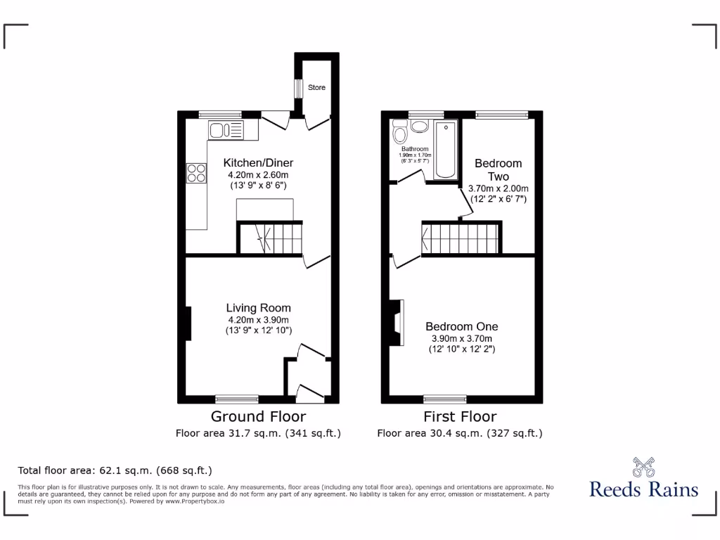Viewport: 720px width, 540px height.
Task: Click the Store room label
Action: coord(316,88)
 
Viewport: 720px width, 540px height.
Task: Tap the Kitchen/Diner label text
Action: coord(258,162)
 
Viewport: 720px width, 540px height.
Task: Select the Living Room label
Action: coord(258,308)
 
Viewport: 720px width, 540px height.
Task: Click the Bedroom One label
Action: coord(461,326)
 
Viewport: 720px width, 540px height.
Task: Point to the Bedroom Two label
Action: coord(498,170)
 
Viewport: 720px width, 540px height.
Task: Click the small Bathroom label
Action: coord(415,149)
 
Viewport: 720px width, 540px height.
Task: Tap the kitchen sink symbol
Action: coord(226,129)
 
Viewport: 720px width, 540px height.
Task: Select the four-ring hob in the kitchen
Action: coord(196,172)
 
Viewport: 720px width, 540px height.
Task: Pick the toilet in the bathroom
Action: coord(399,133)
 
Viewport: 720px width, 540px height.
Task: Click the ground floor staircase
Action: coord(270,238)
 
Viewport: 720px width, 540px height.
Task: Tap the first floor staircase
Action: coord(461,238)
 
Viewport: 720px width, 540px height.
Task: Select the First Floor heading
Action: coord(460,416)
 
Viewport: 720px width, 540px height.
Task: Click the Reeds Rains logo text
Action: coord(643,489)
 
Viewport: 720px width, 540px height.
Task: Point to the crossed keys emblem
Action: coord(643,466)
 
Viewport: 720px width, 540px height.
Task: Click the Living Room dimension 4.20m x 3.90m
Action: coord(258,320)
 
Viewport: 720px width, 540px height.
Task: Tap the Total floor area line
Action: coord(115,470)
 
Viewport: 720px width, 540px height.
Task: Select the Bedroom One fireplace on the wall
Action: coord(397,323)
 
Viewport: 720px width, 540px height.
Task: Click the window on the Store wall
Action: coord(298,89)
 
